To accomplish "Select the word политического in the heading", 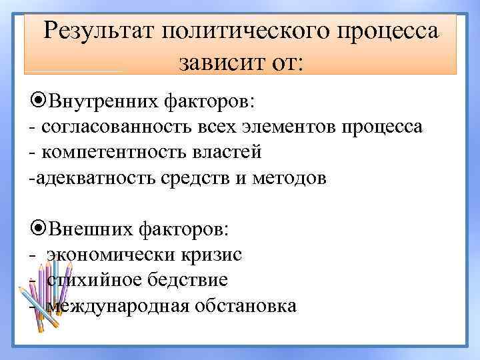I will point(236,31).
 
